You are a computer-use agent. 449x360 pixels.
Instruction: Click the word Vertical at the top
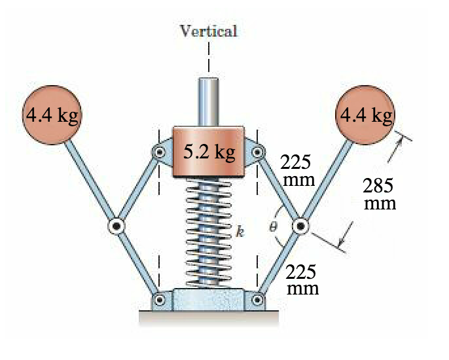(208, 30)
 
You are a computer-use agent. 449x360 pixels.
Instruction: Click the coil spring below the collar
(208, 232)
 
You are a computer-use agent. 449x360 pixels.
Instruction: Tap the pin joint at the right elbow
(300, 226)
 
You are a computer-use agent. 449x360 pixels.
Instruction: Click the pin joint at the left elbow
(116, 226)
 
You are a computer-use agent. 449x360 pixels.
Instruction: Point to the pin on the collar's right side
(257, 152)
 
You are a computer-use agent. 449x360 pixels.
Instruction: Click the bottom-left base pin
(160, 301)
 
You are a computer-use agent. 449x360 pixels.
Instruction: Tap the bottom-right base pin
(257, 301)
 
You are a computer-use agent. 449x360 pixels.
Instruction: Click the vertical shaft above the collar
(208, 101)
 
